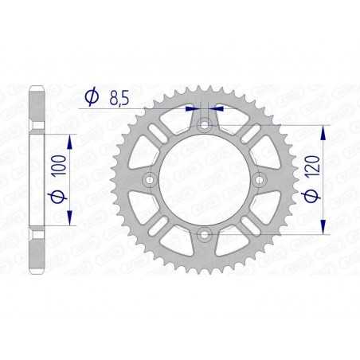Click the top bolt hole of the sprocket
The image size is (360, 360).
(204, 124)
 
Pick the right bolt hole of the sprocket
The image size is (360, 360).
(258, 179)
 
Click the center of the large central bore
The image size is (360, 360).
(204, 179)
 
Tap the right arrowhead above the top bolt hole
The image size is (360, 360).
(217, 109)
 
